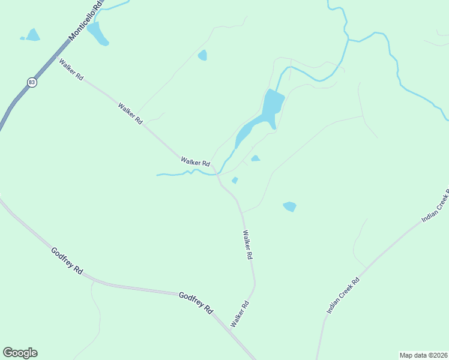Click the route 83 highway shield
(x=32, y=82)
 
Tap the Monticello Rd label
(x=86, y=21)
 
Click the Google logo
(x=20, y=353)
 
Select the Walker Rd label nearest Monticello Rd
(x=70, y=70)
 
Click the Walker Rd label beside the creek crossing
(x=195, y=162)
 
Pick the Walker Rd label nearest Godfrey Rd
(x=239, y=314)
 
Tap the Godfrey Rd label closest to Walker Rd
(x=196, y=302)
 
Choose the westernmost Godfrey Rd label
(x=67, y=261)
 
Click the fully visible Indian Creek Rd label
(x=343, y=296)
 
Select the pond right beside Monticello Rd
(x=98, y=34)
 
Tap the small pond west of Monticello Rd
(x=32, y=35)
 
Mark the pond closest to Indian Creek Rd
(x=289, y=206)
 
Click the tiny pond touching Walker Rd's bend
(x=235, y=180)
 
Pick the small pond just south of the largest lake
(x=255, y=158)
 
